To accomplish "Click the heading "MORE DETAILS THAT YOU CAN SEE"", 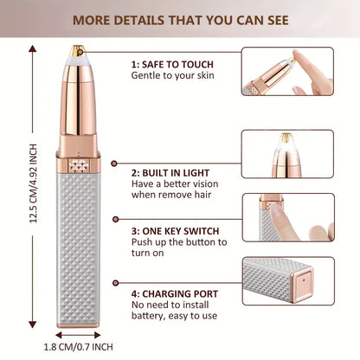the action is pyautogui.click(x=181, y=21).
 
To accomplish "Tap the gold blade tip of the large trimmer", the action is pyautogui.click(x=78, y=50).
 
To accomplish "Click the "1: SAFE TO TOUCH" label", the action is pyautogui.click(x=172, y=64).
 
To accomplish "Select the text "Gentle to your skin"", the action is pyautogui.click(x=172, y=75).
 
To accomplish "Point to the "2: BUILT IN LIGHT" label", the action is pyautogui.click(x=170, y=173).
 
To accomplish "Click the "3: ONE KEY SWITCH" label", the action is pyautogui.click(x=175, y=231).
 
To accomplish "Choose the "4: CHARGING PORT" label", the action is pyautogui.click(x=175, y=294).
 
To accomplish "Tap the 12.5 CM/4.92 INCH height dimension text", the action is pyautogui.click(x=34, y=183).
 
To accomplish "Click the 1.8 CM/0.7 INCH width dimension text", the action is pyautogui.click(x=78, y=347).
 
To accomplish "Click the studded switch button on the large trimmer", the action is pyautogui.click(x=79, y=166).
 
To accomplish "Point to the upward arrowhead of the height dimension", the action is pyautogui.click(x=33, y=48).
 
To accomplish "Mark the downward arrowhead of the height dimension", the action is pyautogui.click(x=33, y=325).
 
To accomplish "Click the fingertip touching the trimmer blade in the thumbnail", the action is pyautogui.click(x=296, y=55).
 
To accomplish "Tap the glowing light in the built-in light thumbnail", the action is pyautogui.click(x=286, y=144).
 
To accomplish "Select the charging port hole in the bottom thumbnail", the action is pyautogui.click(x=303, y=280).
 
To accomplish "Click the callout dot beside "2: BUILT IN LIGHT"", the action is pyautogui.click(x=114, y=164).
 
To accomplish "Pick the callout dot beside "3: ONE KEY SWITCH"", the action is pyautogui.click(x=116, y=219).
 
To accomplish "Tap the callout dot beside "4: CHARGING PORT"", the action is pyautogui.click(x=116, y=283).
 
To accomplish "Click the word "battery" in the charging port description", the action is pyautogui.click(x=148, y=316).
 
